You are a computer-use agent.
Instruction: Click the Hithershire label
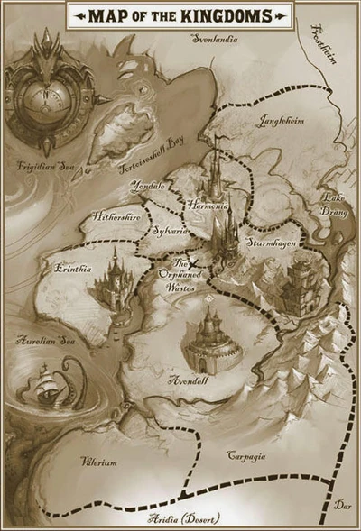[115, 216]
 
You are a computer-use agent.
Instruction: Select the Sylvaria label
[170, 231]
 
